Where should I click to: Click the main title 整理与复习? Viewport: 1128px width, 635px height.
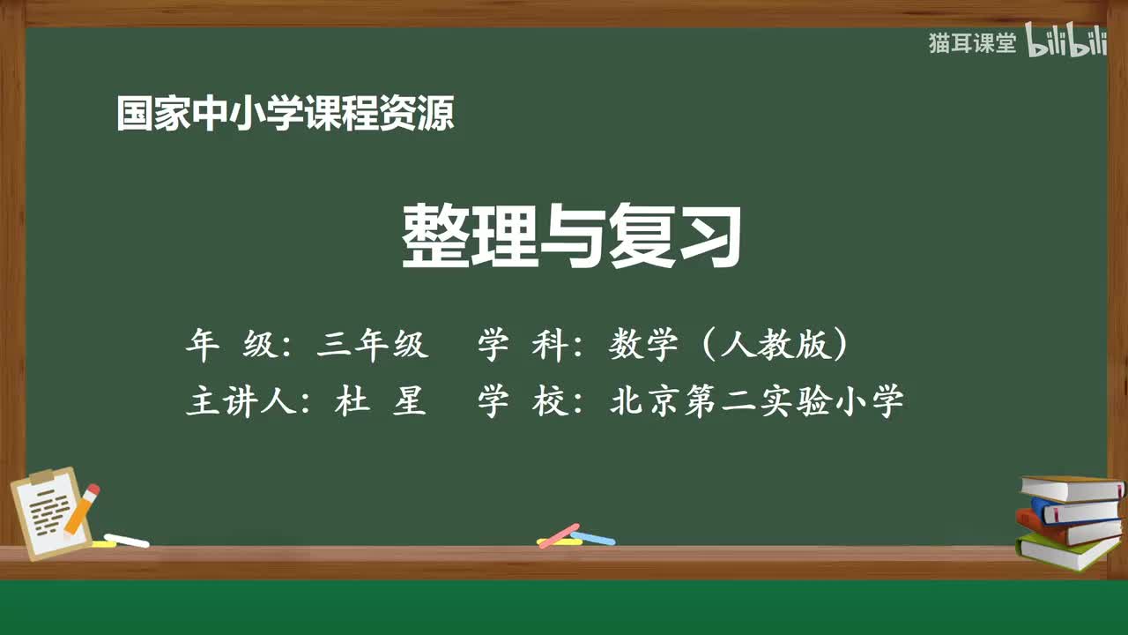click(572, 236)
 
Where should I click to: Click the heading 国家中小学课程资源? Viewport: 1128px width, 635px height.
click(285, 115)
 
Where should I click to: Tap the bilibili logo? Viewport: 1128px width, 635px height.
click(1066, 44)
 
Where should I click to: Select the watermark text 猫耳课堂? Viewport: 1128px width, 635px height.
click(972, 43)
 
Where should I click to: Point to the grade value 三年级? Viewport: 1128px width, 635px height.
click(372, 346)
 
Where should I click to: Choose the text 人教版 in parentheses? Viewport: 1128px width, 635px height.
click(775, 346)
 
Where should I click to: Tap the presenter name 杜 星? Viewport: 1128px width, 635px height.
click(381, 402)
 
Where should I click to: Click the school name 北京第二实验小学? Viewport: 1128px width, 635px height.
click(756, 402)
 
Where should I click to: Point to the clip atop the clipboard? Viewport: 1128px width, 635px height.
click(41, 477)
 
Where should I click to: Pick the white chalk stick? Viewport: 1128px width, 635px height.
click(127, 540)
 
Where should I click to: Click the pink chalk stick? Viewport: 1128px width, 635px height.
click(559, 535)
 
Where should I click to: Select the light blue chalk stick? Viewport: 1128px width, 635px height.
click(593, 537)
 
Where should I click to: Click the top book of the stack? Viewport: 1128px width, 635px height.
click(1071, 487)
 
